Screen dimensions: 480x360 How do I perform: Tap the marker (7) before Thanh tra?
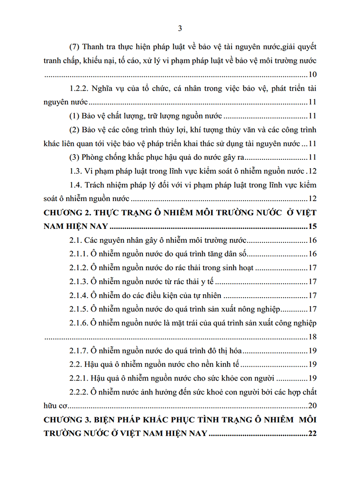(x=75, y=48)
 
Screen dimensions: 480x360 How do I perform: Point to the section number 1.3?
(x=74, y=171)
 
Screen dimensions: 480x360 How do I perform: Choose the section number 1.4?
(x=74, y=185)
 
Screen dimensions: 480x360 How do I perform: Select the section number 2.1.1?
(x=80, y=254)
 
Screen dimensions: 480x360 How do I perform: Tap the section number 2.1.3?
(x=80, y=281)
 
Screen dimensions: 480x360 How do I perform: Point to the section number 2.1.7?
(x=80, y=350)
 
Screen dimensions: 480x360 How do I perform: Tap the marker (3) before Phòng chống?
(x=75, y=157)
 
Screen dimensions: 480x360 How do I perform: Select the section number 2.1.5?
(x=80, y=309)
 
